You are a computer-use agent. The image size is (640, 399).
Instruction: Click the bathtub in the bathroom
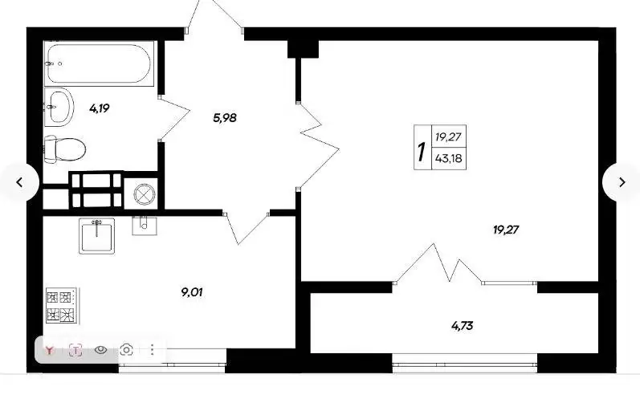[98, 63]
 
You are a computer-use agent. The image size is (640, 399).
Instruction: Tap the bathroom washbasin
[59, 107]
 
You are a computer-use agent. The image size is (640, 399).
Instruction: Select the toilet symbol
[64, 149]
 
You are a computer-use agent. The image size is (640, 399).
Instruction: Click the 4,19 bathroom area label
[100, 108]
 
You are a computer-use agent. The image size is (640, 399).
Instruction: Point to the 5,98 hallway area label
[225, 118]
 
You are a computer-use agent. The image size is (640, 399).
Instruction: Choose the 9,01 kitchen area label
[192, 292]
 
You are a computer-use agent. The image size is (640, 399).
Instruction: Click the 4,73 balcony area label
[462, 326]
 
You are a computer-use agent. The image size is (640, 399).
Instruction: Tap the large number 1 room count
[422, 152]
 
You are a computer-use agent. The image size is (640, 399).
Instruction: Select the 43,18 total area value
[449, 158]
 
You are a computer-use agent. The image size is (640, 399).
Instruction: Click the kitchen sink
[96, 236]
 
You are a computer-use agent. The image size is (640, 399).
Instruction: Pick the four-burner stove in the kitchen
[61, 306]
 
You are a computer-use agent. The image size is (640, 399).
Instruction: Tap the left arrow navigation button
[19, 182]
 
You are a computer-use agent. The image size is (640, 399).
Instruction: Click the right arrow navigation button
[622, 182]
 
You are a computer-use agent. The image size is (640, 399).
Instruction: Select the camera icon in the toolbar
[127, 350]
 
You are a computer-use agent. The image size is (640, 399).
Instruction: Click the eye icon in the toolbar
[101, 350]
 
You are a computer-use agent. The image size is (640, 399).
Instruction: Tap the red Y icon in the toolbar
[50, 350]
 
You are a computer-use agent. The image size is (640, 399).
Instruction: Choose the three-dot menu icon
[153, 350]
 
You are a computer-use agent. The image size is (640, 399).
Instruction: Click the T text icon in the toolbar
[75, 350]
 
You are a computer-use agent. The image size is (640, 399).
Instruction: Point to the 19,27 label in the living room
[506, 230]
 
